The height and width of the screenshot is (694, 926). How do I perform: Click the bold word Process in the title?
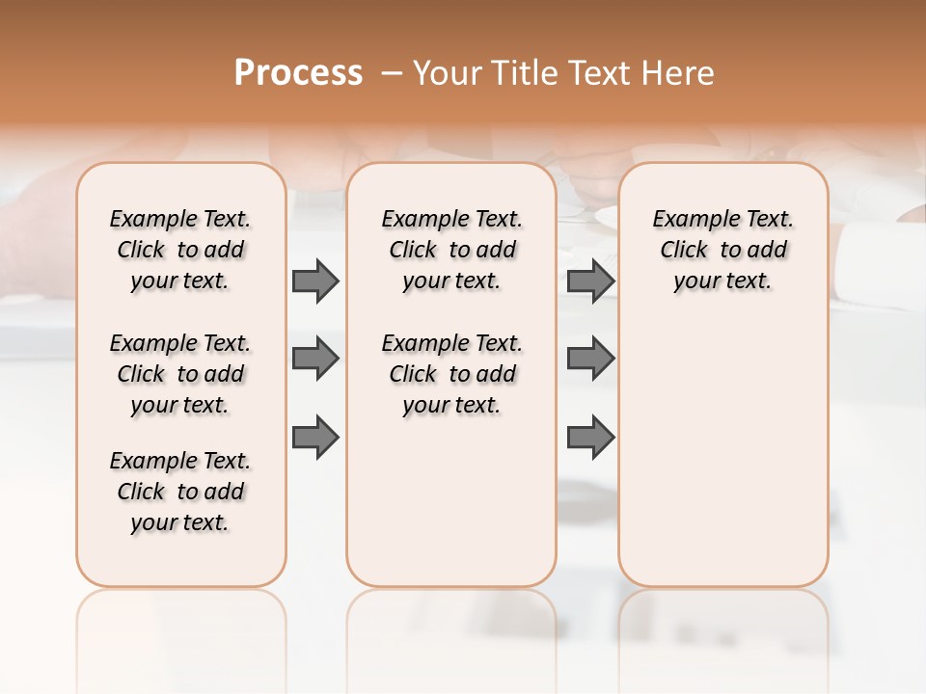point(298,73)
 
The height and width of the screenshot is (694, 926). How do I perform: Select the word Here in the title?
point(680,73)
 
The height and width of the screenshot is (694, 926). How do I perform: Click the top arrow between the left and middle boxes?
point(315,280)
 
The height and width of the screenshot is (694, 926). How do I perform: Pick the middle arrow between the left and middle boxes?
point(315,359)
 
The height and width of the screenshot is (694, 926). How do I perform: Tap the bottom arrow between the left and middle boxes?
point(315,437)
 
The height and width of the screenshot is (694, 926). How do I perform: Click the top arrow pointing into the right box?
point(590,280)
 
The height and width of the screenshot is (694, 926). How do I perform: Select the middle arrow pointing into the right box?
point(590,359)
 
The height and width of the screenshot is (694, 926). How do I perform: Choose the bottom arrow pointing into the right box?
point(590,437)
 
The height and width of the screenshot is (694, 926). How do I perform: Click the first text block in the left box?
point(180,250)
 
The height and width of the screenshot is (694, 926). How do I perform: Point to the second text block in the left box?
point(180,374)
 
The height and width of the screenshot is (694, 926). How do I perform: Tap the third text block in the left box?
point(180,492)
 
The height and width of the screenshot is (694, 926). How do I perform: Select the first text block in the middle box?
point(451,250)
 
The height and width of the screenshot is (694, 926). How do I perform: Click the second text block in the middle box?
point(451,374)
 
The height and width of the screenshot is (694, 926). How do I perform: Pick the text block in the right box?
point(722,250)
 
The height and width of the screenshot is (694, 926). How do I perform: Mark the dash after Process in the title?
point(392,73)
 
